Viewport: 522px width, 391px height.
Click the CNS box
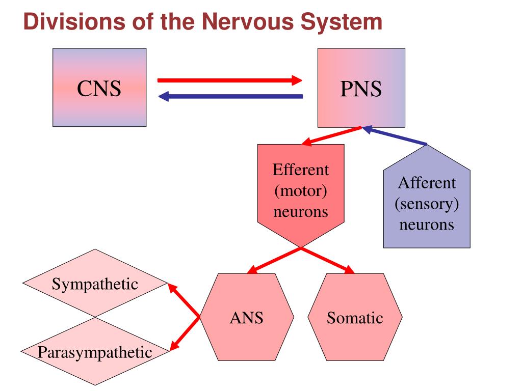[99, 88]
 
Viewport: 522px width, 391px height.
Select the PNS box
[361, 88]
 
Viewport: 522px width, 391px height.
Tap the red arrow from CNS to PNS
[230, 80]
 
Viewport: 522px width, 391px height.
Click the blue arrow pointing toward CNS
[230, 96]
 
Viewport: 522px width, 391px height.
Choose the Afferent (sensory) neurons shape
[427, 197]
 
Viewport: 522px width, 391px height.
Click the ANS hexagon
[246, 317]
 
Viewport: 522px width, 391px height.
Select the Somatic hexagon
[355, 317]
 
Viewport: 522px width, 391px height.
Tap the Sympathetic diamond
[95, 283]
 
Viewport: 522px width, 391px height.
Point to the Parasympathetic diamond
[95, 351]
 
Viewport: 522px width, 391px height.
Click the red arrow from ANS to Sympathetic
[184, 300]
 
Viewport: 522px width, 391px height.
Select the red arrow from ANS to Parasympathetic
[185, 333]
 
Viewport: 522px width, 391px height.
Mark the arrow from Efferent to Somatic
[328, 260]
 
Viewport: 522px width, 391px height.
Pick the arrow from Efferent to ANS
[274, 260]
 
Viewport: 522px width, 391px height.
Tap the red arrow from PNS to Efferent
[331, 136]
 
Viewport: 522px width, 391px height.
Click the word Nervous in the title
[248, 21]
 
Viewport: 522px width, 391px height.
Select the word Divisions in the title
[74, 21]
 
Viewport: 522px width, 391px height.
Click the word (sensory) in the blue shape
[427, 204]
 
